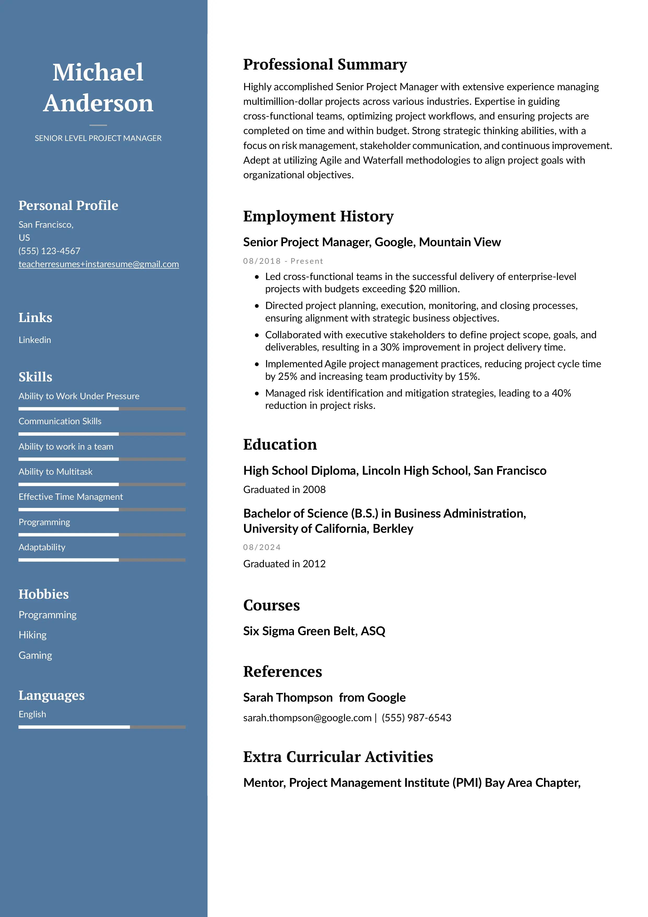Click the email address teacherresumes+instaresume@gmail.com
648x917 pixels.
99,264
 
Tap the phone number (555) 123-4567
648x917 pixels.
49,251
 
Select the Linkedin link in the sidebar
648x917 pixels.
35,340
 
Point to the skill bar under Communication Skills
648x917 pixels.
102,434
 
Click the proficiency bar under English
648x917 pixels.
102,727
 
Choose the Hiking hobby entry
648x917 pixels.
32,635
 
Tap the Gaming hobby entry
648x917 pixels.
35,655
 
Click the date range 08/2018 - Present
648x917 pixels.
283,261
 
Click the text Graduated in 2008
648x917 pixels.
284,490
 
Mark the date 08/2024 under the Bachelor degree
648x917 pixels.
262,547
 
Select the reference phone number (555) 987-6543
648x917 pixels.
416,718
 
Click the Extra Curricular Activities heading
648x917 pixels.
338,757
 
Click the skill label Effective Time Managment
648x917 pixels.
71,497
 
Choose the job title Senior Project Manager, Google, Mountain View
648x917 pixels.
372,242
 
